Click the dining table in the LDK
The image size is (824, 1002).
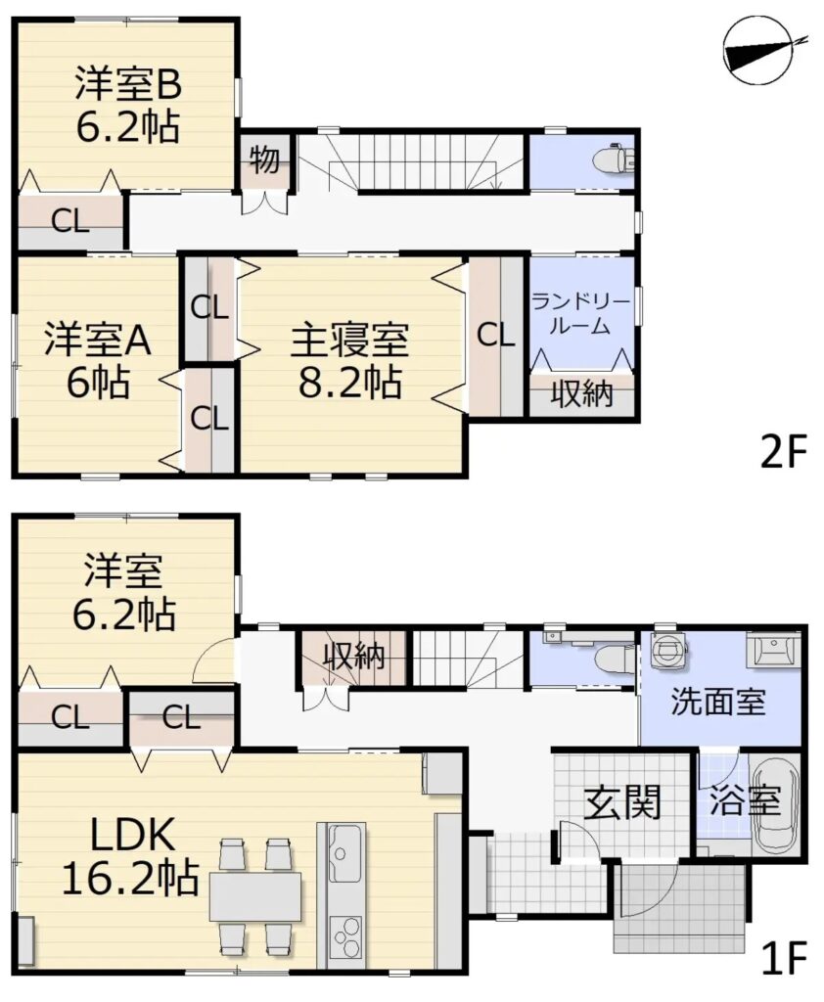[255, 897]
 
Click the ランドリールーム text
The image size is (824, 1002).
[580, 314]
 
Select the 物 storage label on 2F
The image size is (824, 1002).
[264, 159]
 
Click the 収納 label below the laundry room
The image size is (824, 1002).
[581, 393]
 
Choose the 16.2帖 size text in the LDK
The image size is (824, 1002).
[130, 878]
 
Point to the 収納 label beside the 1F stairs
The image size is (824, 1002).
[354, 656]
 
